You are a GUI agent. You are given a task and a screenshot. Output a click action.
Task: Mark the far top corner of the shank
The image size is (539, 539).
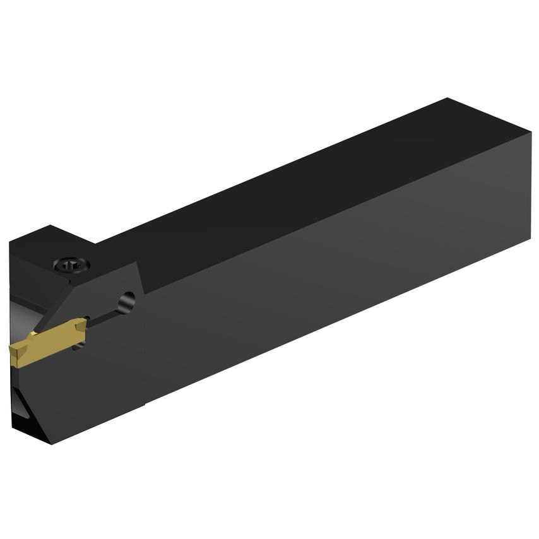point(447,98)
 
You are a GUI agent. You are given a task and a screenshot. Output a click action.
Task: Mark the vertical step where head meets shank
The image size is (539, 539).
point(145,341)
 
